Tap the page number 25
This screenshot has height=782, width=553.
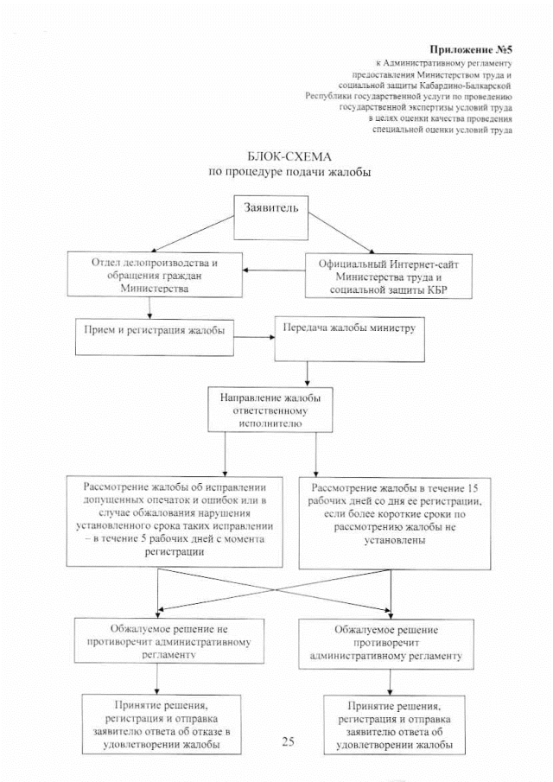[289, 741]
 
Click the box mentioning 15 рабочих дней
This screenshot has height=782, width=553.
[394, 521]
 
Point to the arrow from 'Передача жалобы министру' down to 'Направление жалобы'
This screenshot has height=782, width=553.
[308, 373]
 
